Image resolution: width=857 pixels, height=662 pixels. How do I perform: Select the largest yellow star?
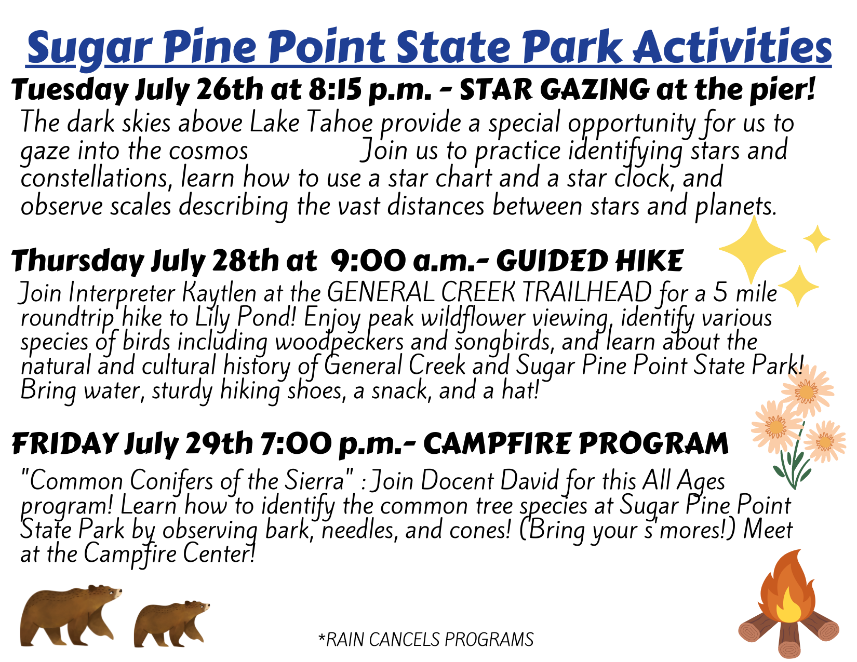[x=752, y=250]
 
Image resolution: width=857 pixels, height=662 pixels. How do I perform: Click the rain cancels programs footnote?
[x=426, y=639]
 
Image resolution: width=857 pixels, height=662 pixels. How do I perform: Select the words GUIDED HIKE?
[x=589, y=261]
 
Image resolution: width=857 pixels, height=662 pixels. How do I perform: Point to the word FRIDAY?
[x=64, y=444]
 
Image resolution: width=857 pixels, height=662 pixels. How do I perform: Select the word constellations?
[x=97, y=178]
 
